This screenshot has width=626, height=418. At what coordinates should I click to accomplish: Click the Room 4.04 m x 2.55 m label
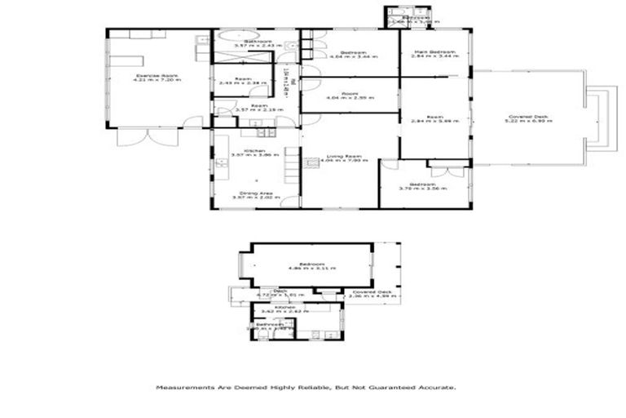(350, 96)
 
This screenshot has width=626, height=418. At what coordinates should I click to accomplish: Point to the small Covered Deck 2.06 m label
(373, 293)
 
